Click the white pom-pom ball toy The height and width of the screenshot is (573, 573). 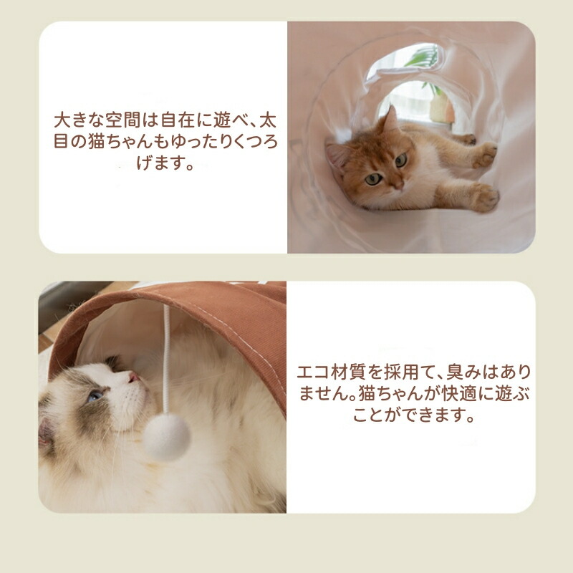(167, 436)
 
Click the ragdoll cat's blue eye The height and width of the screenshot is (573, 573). (95, 395)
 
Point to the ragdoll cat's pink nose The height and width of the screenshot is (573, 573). (133, 377)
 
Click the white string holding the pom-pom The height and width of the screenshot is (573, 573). (166, 360)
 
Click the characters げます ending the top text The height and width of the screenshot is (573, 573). (165, 163)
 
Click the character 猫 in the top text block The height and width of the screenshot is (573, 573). (97, 141)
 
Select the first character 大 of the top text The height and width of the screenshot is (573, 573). (62, 120)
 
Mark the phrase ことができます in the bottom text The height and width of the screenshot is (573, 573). (414, 415)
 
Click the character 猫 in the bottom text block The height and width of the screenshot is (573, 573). (367, 393)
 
